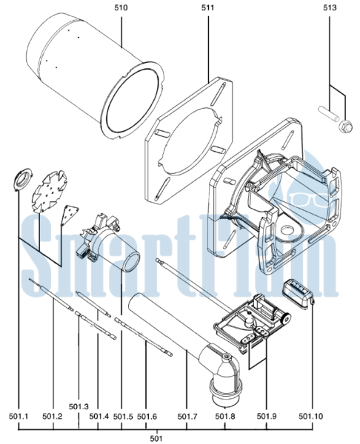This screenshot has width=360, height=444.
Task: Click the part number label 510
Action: [121, 7]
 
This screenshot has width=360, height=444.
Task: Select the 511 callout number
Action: [208, 7]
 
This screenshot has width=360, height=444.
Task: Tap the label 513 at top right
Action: [330, 7]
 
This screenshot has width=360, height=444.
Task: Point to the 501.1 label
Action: [19, 416]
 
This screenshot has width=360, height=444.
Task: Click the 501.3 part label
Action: [79, 406]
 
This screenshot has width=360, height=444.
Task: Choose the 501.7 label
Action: [187, 416]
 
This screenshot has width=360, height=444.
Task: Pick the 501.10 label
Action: [310, 416]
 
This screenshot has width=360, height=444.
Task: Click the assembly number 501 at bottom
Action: [156, 438]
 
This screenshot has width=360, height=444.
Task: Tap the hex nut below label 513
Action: [345, 127]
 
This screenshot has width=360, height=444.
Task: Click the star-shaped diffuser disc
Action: [50, 192]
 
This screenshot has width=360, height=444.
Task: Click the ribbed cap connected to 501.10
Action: [296, 294]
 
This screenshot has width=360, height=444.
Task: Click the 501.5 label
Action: [123, 416]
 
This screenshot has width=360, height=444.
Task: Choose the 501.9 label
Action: [267, 416]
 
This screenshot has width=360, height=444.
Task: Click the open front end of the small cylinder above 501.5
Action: [131, 261]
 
